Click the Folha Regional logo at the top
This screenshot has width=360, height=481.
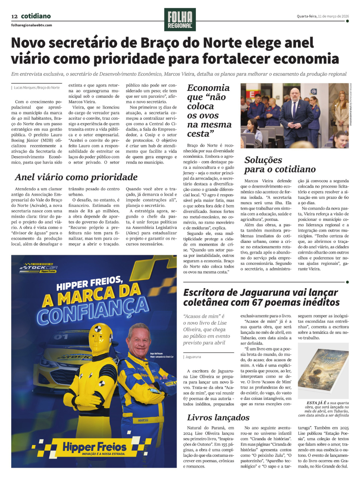[180, 19]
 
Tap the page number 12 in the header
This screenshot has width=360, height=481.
[14, 16]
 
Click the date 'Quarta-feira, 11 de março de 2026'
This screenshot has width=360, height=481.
[323, 16]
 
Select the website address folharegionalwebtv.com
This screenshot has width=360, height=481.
[32, 25]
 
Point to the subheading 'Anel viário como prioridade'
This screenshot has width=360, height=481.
[76, 177]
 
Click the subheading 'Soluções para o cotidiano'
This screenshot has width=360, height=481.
[280, 165]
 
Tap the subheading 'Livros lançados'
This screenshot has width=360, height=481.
[218, 418]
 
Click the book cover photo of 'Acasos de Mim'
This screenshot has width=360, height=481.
[323, 371]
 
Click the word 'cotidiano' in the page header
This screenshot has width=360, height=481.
[36, 16]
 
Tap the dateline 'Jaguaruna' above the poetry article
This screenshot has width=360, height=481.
[193, 357]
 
